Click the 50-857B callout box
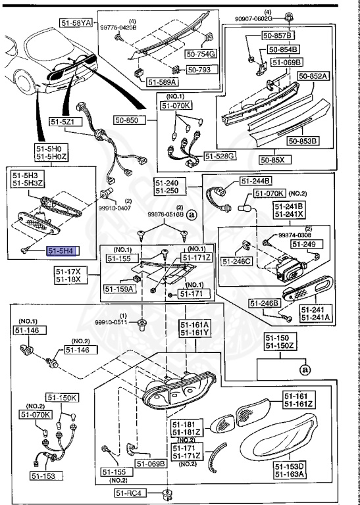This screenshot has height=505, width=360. [278, 34]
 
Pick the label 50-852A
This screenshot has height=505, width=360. [313, 76]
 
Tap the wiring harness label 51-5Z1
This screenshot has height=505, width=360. [64, 122]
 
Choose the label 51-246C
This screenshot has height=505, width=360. [237, 261]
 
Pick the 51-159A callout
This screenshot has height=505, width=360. [118, 288]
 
